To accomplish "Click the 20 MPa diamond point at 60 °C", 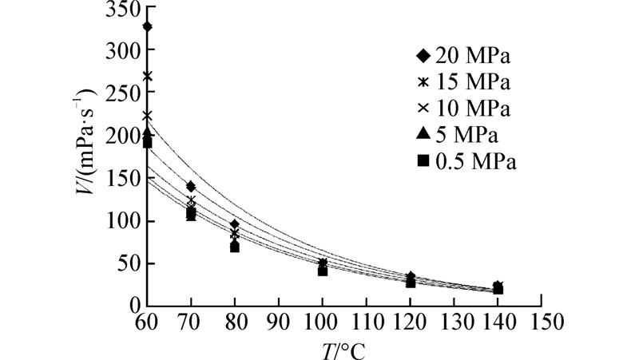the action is [148, 27].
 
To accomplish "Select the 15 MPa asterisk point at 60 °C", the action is [148, 76].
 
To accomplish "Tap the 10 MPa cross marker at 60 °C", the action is [148, 116].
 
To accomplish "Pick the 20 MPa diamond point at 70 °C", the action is [191, 187].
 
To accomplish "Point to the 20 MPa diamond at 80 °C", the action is [234, 224].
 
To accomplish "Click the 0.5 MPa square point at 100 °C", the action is [323, 271].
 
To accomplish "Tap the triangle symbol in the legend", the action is [424, 133].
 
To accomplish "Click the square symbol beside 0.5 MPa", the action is [424, 161].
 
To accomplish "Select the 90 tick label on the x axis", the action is [279, 322].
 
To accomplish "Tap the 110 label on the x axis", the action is [367, 322].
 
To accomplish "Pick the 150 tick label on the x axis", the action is [542, 322].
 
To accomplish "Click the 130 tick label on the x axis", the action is [454, 322].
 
